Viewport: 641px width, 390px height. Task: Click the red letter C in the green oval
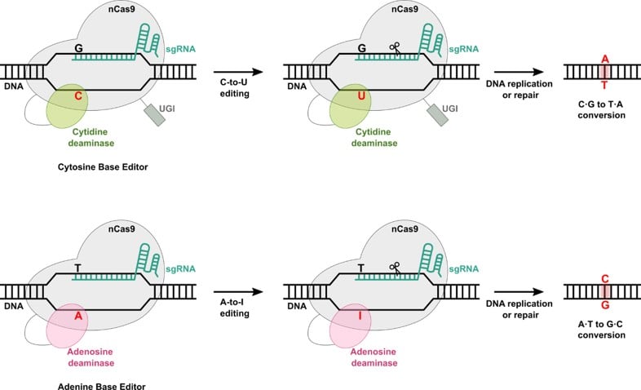[x=78, y=95]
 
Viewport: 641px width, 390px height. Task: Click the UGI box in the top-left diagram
[x=154, y=114]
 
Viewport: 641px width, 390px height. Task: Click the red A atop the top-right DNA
[x=604, y=58]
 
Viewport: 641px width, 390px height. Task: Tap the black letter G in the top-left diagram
[x=78, y=49]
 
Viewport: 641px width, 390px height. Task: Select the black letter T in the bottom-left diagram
[x=78, y=267]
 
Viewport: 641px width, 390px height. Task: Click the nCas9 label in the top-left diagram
[x=106, y=10]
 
